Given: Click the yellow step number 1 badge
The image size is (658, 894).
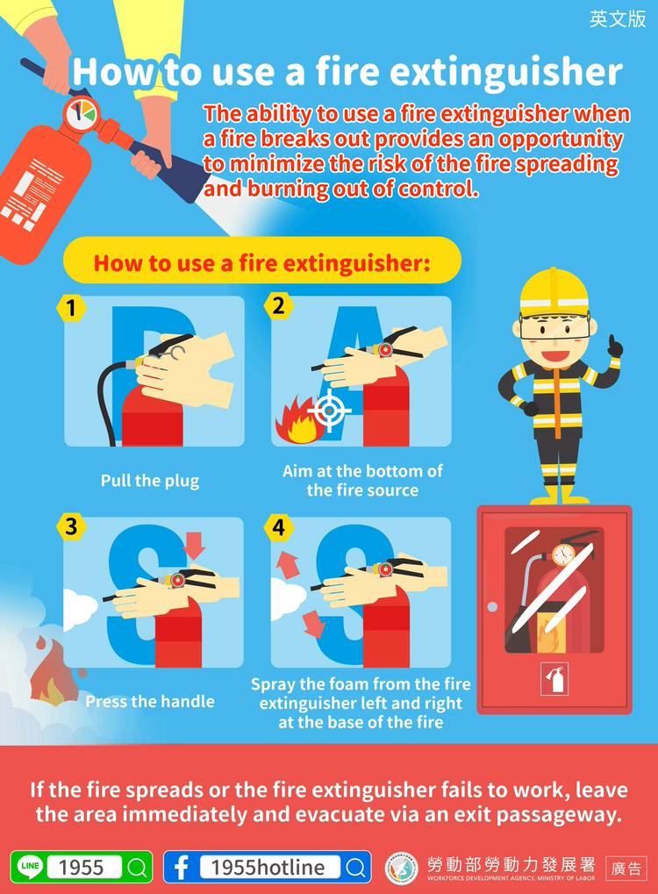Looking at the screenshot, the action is (71, 309).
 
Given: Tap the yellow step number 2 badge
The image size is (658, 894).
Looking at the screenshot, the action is (278, 306).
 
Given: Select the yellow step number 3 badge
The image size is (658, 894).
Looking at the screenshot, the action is (71, 526).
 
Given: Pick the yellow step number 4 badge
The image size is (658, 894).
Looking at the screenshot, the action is (278, 526).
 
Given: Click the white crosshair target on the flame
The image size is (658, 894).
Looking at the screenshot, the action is (329, 411).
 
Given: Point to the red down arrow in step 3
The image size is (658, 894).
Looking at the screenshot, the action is (194, 546).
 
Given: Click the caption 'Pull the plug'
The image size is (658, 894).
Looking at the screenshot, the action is (150, 481).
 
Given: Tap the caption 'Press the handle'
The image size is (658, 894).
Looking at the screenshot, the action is (150, 701).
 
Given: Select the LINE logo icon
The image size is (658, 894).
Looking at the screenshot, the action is (30, 867).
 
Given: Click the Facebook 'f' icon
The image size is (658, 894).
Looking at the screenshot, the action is (182, 867).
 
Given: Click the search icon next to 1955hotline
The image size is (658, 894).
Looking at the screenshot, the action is (355, 867).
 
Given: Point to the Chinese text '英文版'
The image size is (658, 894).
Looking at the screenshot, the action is (619, 18).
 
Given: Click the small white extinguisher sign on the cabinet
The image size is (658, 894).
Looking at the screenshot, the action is (554, 678).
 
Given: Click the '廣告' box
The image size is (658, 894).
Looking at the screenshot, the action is (626, 869).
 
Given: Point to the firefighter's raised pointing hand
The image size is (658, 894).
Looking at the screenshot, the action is (615, 346).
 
